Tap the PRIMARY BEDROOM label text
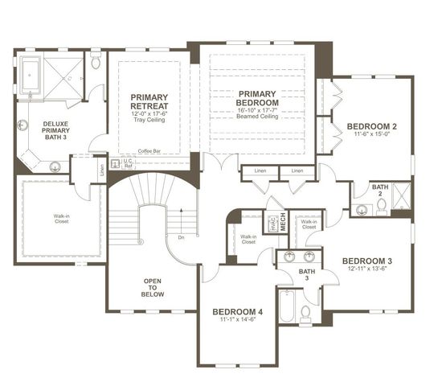258,99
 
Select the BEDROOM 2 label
372,126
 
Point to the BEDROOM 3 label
367,261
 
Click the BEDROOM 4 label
237,311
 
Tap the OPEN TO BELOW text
154,287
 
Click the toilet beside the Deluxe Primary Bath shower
95,62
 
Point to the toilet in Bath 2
382,206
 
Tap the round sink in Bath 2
361,210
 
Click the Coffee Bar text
149,151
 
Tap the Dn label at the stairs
182,237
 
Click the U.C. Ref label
127,163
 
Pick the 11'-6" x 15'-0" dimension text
372,136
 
